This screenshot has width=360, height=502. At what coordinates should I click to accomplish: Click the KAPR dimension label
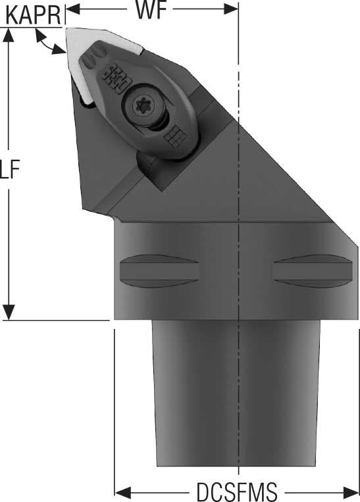(x=34, y=15)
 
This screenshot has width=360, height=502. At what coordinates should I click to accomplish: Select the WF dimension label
(x=151, y=11)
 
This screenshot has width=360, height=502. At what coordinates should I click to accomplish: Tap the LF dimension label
(x=10, y=169)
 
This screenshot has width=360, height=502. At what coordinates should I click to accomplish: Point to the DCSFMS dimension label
(x=237, y=491)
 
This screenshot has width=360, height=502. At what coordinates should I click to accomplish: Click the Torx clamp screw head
(x=143, y=106)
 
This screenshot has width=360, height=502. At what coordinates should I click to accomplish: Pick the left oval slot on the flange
(x=159, y=271)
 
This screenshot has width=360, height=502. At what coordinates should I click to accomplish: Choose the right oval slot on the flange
(x=313, y=271)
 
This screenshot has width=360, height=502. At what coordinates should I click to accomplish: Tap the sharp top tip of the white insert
(x=66, y=29)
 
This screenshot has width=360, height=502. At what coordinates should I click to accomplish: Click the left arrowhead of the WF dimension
(x=72, y=10)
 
